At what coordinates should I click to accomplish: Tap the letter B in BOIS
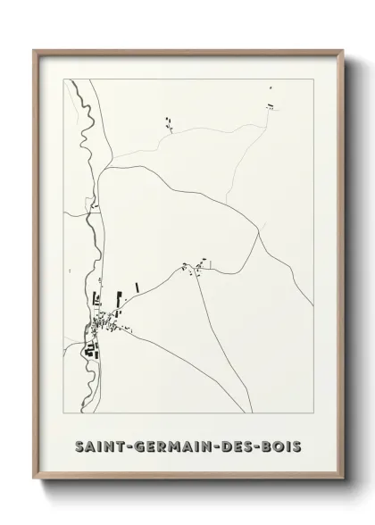coord(270,445)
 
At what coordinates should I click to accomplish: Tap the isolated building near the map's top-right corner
coord(268,106)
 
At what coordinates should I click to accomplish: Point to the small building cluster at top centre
coord(167,122)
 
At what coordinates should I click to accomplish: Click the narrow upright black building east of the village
coord(137,287)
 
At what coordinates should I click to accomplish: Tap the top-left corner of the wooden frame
coord(34,50)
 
